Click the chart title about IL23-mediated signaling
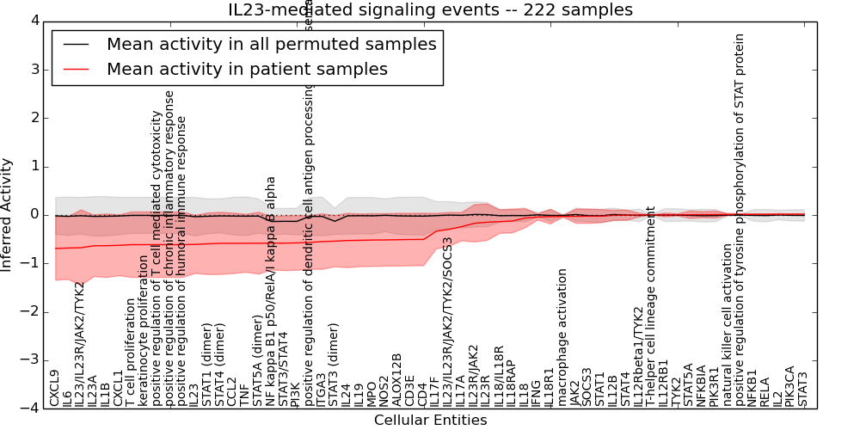coord(430,9)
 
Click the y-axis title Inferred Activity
coord(8,214)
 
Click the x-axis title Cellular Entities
coord(430,420)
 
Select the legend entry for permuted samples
coord(271,45)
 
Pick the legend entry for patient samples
coord(247,69)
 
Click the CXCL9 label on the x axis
coord(55,388)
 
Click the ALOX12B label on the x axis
coord(396,379)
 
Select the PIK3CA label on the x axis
coord(789,385)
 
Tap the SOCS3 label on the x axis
coord(587,387)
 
